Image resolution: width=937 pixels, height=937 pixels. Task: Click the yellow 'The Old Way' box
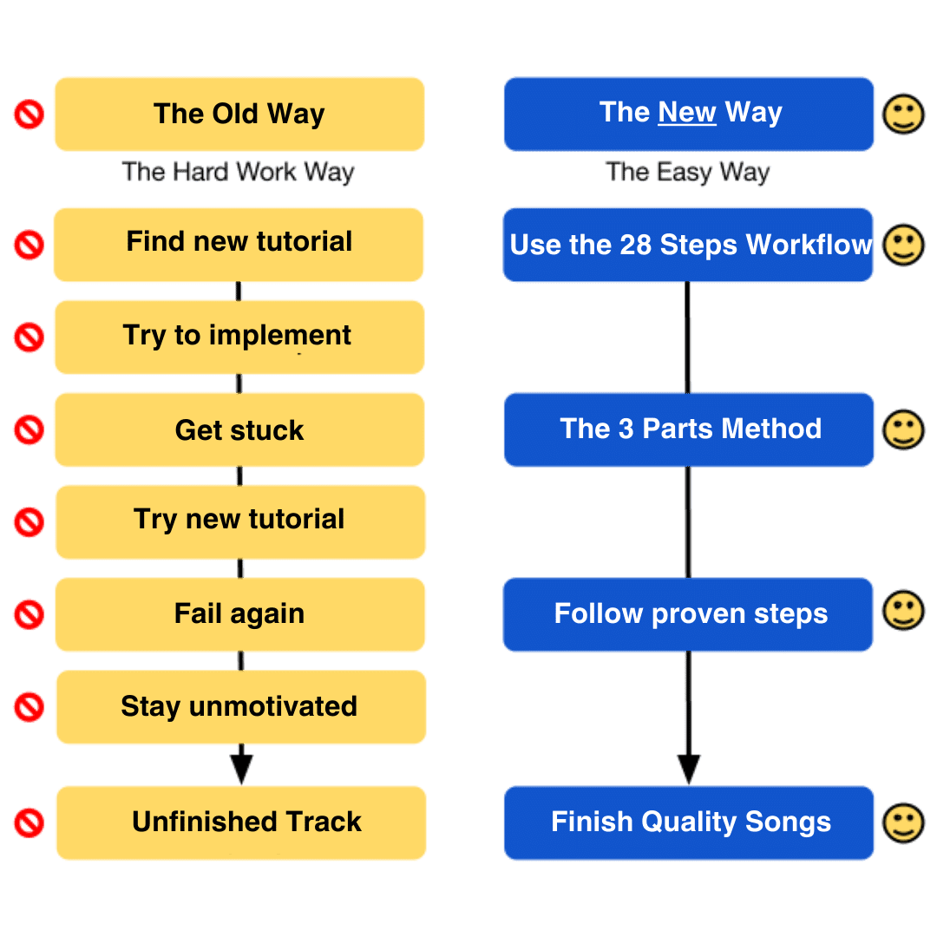[239, 114]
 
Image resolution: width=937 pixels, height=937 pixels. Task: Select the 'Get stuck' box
[239, 429]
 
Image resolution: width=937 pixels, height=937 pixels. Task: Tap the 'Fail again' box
[239, 614]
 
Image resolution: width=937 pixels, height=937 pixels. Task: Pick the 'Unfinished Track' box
[241, 822]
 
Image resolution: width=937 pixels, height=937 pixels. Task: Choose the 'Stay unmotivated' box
[241, 707]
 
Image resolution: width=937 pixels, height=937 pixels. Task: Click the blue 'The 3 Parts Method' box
[689, 429]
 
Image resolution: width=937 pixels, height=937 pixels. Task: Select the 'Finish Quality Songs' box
[689, 822]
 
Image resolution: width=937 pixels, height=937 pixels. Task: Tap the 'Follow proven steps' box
[688, 614]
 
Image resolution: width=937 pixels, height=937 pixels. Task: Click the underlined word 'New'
[686, 112]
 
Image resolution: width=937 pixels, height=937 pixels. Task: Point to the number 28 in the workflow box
[635, 245]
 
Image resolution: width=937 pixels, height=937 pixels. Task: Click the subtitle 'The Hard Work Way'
[238, 173]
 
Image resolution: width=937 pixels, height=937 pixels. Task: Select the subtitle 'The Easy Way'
[688, 173]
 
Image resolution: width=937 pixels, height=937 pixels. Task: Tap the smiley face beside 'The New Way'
[903, 115]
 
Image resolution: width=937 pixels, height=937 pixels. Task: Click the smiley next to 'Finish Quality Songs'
[903, 822]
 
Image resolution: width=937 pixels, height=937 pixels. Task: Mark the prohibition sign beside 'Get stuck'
[29, 429]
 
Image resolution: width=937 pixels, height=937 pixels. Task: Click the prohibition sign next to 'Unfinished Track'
[29, 822]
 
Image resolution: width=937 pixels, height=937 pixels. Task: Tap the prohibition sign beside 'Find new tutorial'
[29, 245]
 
